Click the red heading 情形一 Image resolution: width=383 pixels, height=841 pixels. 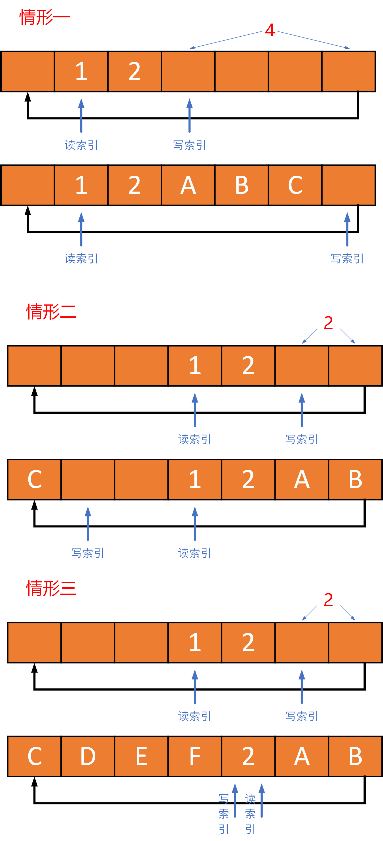(x=45, y=17)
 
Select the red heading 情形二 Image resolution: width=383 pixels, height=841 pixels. (x=51, y=312)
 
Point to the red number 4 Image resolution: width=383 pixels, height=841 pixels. (x=270, y=30)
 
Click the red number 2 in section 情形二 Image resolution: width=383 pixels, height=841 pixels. (x=328, y=323)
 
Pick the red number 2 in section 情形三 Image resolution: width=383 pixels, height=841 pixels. (x=328, y=600)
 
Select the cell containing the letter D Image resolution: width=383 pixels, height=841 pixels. (x=88, y=756)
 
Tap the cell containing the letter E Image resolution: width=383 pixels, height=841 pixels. (x=141, y=756)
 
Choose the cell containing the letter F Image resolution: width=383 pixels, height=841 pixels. (x=195, y=756)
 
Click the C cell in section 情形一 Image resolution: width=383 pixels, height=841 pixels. (x=295, y=185)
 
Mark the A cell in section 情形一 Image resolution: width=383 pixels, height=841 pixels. (x=188, y=185)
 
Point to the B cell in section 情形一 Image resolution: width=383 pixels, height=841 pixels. (x=242, y=185)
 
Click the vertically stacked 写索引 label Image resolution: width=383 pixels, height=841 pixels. (x=223, y=813)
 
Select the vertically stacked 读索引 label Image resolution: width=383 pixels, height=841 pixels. (x=250, y=813)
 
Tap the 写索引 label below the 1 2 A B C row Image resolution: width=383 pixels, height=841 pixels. (x=347, y=258)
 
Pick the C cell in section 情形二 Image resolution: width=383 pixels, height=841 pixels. (x=34, y=480)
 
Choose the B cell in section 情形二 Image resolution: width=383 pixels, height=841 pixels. (x=355, y=480)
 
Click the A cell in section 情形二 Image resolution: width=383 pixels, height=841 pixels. (x=302, y=480)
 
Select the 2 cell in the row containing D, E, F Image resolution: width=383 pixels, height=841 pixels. (x=248, y=756)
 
